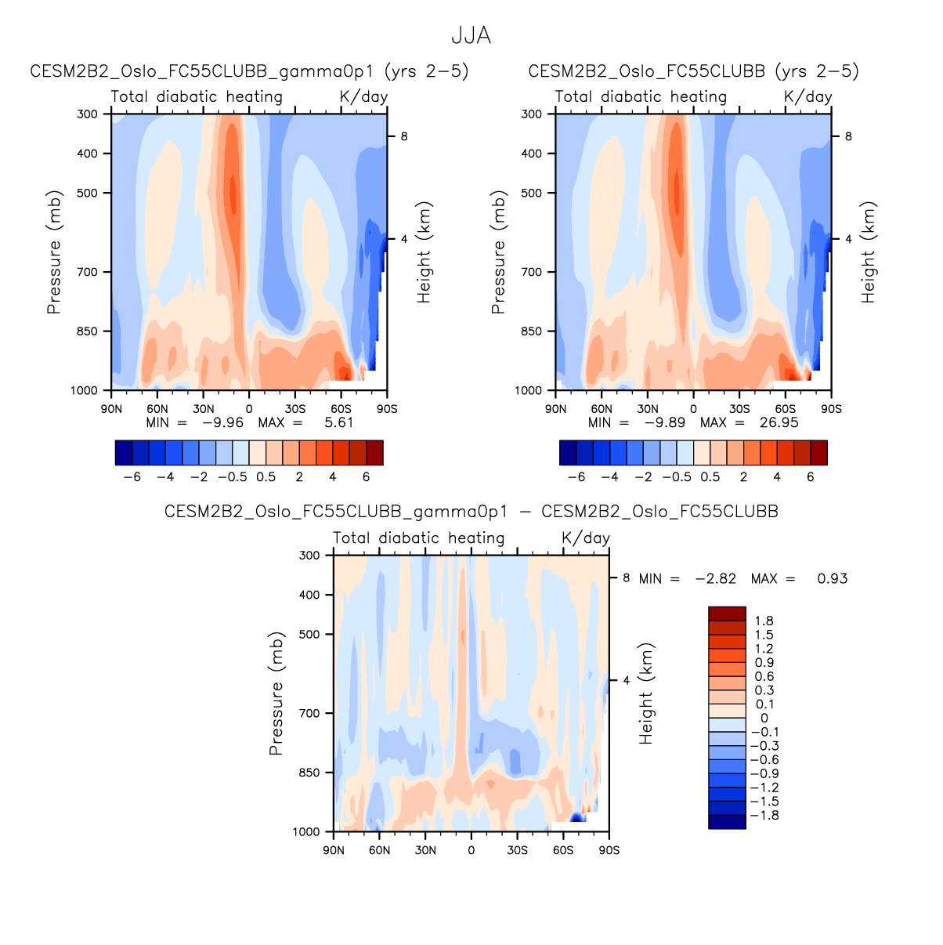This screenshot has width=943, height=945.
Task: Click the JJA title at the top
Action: [x=471, y=36]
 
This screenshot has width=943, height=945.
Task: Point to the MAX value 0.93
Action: [x=832, y=578]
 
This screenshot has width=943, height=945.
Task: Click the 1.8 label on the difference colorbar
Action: [x=764, y=621]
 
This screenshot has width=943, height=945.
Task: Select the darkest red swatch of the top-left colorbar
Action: [x=374, y=453]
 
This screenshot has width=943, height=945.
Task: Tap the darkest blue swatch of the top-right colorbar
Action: [x=568, y=453]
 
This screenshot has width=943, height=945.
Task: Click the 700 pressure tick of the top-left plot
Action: [x=88, y=272]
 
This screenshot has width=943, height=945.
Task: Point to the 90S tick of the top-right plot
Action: [x=831, y=409]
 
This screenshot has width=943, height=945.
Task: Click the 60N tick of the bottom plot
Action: [x=379, y=850]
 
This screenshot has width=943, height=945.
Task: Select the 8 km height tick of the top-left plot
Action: [x=404, y=136]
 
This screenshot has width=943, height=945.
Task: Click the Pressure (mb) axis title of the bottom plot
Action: [x=275, y=693]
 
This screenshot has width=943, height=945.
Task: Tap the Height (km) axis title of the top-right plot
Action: [x=869, y=252]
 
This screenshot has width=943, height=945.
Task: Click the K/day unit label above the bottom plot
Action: [x=585, y=538]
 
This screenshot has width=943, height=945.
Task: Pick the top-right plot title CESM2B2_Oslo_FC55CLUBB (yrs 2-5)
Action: [x=693, y=71]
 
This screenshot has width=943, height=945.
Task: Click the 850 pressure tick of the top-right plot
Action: [x=532, y=331]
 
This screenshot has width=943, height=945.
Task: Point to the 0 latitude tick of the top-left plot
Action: [x=249, y=409]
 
